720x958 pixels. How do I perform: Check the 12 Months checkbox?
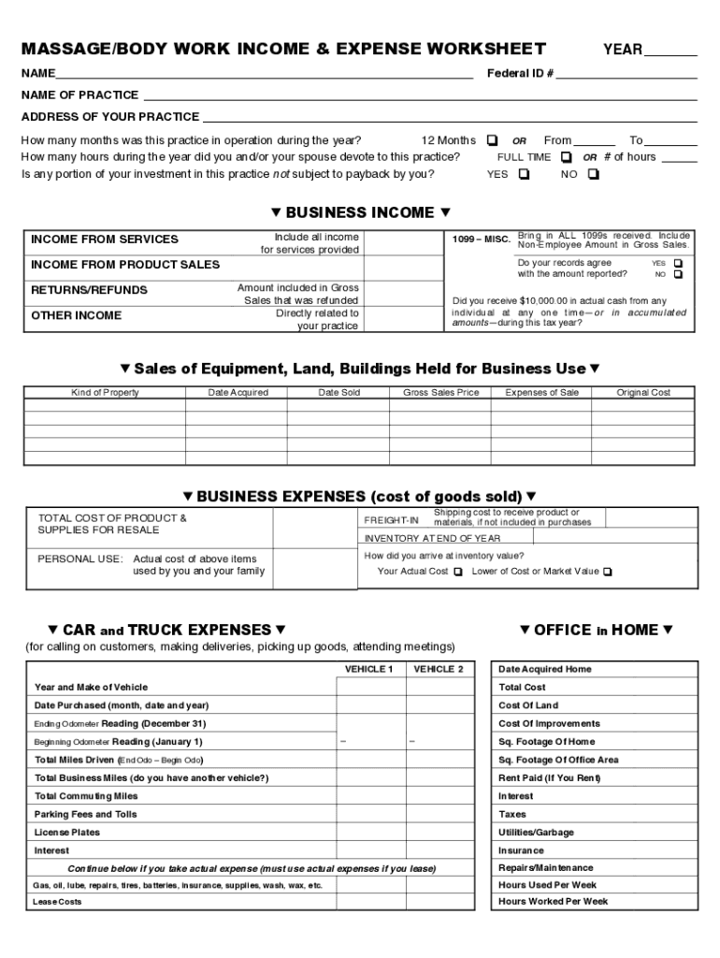click(493, 140)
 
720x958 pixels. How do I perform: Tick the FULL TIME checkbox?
click(566, 157)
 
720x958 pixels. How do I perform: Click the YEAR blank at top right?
click(670, 51)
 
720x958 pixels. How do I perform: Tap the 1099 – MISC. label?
click(482, 240)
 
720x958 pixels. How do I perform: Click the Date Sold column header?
click(338, 393)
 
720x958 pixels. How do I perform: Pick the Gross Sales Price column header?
click(440, 393)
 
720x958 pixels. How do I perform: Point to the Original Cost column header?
click(643, 393)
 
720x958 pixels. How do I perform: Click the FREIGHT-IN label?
click(391, 520)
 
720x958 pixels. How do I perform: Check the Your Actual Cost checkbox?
click(457, 572)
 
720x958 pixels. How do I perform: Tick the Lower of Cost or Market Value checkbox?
click(608, 572)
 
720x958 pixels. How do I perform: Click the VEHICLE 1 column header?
click(369, 670)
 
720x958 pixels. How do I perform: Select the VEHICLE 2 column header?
click(439, 670)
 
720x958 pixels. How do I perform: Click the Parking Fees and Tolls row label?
click(85, 814)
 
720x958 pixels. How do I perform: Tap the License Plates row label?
click(66, 832)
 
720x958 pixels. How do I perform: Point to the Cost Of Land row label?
click(528, 705)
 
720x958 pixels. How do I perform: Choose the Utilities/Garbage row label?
click(536, 833)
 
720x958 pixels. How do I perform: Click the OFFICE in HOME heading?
click(596, 631)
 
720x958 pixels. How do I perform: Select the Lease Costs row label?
click(57, 902)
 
